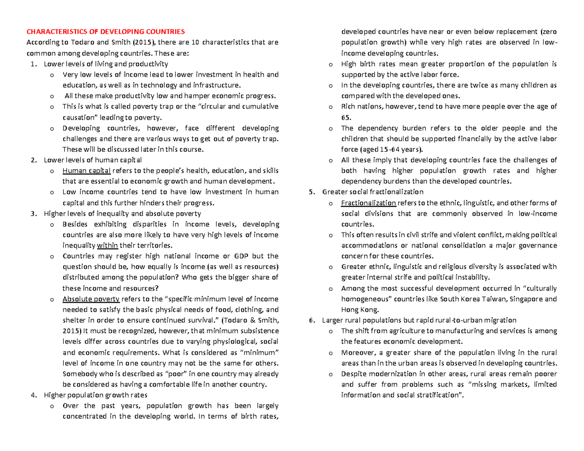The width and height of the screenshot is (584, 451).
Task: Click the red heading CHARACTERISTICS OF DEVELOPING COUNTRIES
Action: pyautogui.click(x=106, y=32)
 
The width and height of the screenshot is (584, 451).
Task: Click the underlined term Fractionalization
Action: pyautogui.click(x=369, y=203)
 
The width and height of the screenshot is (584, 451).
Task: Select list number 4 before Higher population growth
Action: pyautogui.click(x=33, y=395)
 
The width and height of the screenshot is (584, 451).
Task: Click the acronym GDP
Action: pyautogui.click(x=242, y=256)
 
